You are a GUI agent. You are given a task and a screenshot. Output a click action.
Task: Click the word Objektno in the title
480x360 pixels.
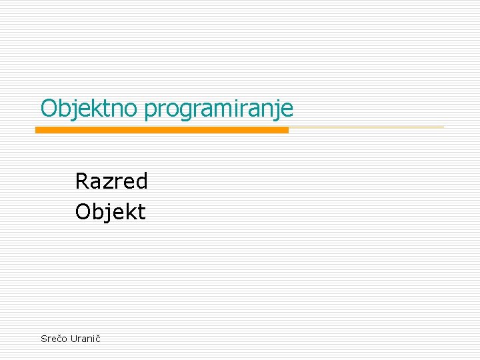coord(90,108)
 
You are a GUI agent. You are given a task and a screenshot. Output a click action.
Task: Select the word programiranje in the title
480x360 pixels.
coord(219,109)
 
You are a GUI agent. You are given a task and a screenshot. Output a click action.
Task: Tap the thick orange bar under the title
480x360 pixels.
coord(162,130)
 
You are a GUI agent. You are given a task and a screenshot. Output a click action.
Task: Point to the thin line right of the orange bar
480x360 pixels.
coord(367,127)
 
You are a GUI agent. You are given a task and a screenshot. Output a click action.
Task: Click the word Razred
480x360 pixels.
coord(111,181)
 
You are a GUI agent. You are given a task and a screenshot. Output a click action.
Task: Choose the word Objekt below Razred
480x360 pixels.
coord(110,212)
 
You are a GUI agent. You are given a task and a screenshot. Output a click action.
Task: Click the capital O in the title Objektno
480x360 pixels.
coord(49,108)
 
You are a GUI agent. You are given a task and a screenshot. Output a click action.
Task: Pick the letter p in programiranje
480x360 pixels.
coord(150,111)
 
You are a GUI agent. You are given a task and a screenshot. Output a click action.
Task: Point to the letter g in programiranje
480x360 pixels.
coord(183,111)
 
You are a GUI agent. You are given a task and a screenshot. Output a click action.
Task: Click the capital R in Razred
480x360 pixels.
coord(82,181)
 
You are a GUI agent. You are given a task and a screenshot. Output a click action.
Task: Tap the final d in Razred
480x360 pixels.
coord(141,181)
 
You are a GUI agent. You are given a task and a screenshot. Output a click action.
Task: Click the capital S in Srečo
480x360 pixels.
coord(44,339)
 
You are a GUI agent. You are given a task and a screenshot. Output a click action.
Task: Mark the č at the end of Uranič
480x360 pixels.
coord(98,339)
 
